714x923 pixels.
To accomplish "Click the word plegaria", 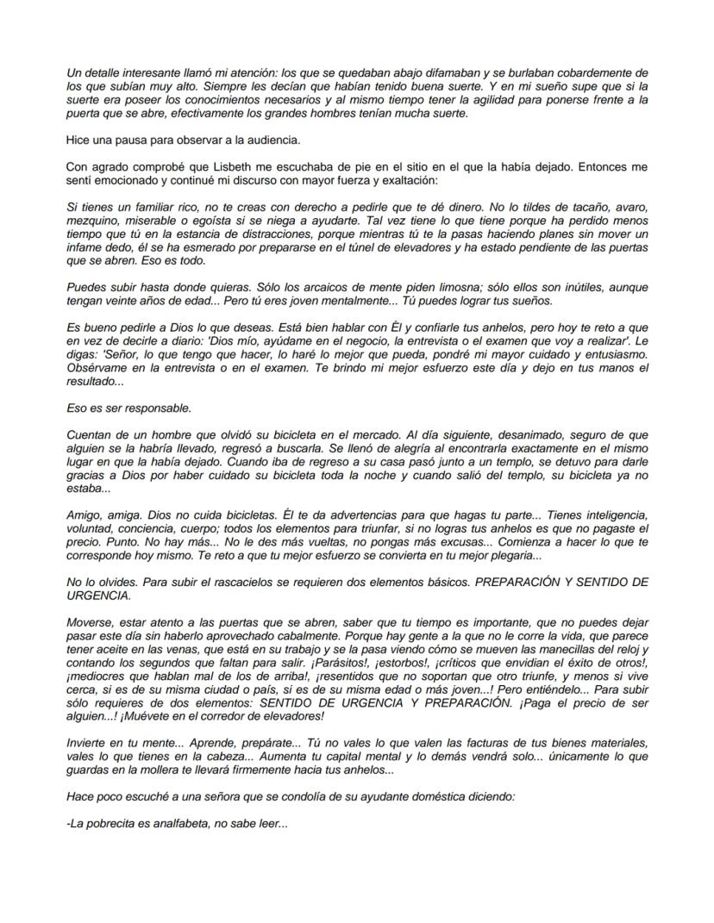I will tap(535, 556).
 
